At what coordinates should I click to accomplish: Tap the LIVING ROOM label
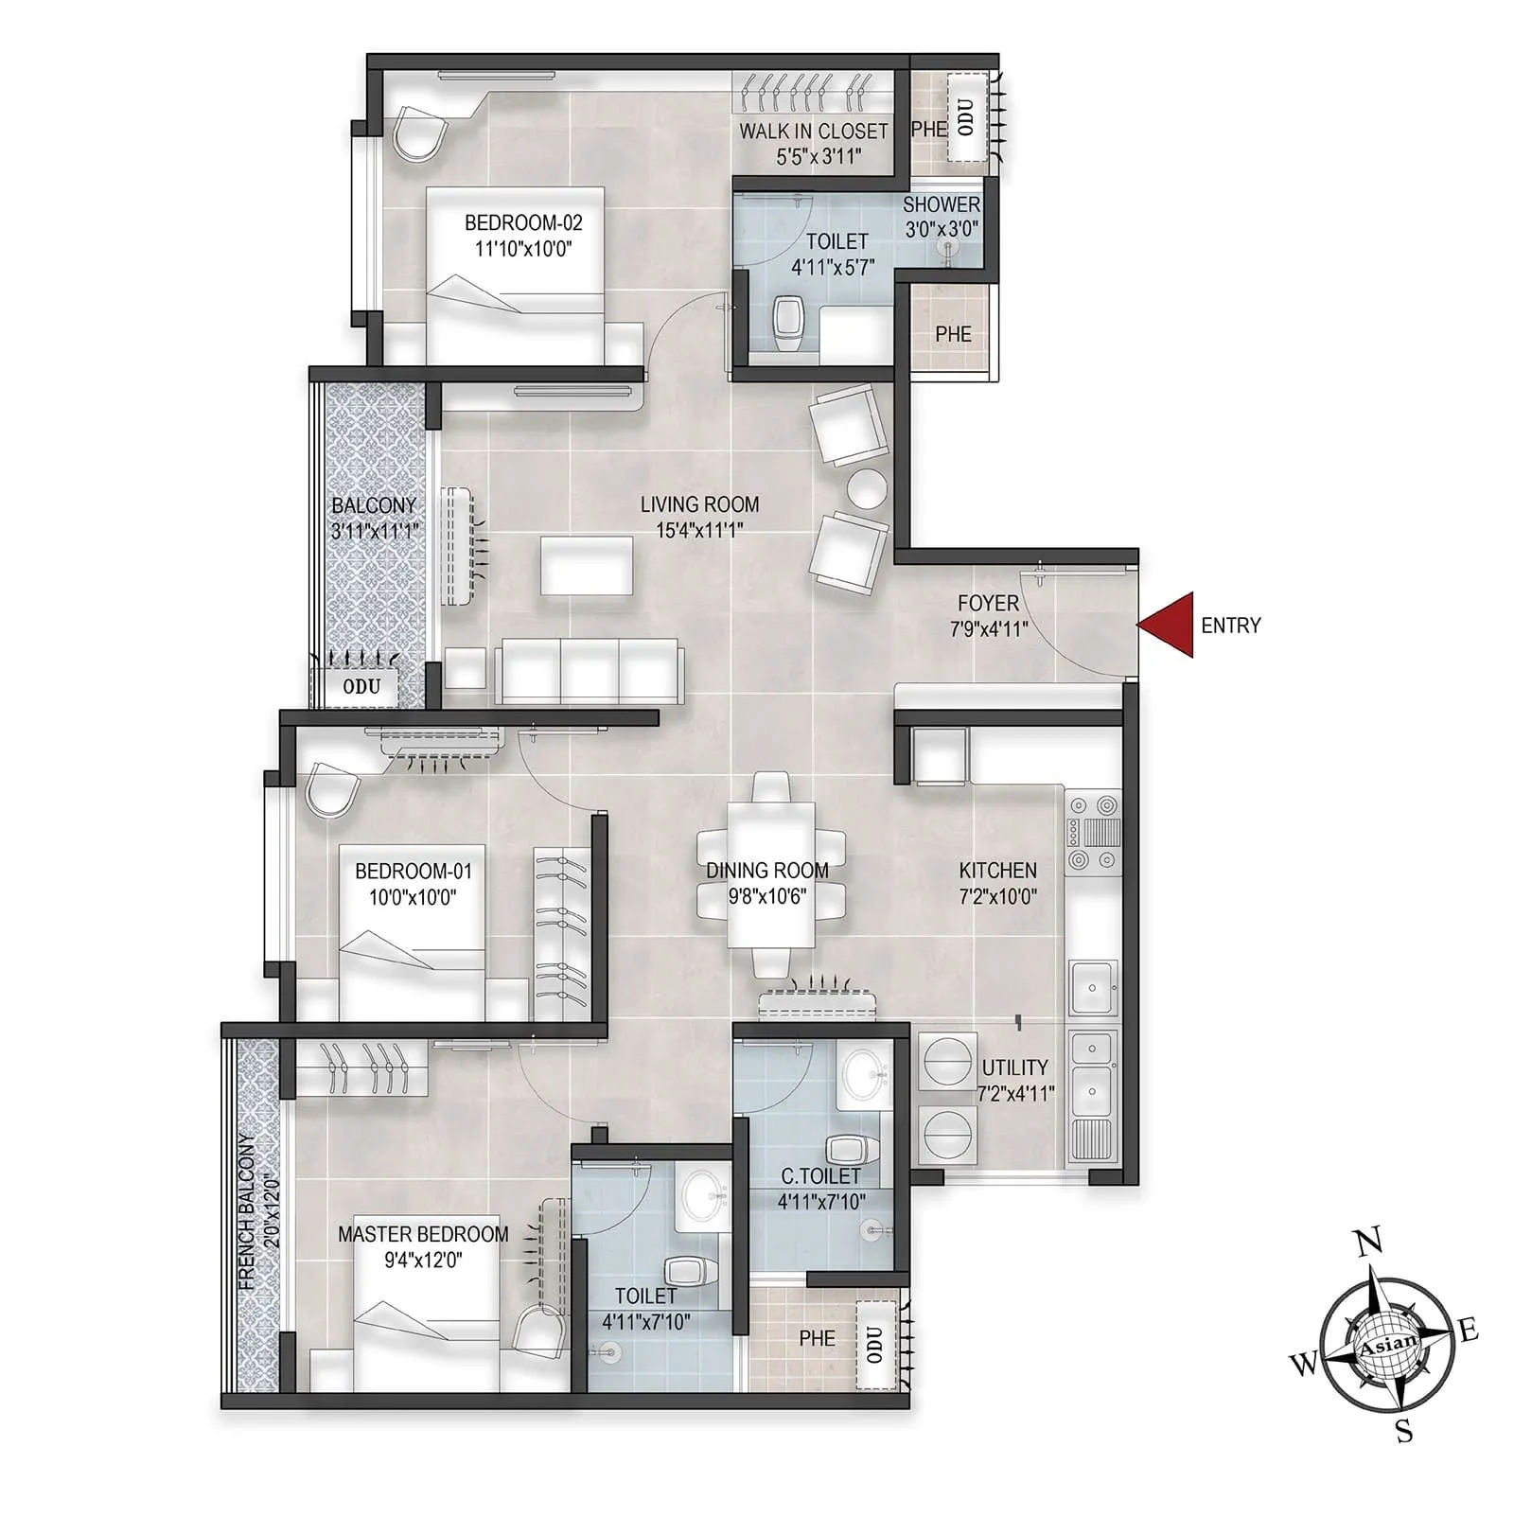pos(699,504)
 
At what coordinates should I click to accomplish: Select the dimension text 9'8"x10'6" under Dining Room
pos(766,895)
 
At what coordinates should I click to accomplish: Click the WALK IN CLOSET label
pos(814,132)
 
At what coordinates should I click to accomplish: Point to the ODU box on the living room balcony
pos(361,686)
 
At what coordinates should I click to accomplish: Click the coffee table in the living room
pos(587,565)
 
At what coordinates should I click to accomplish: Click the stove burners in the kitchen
pos(1093,833)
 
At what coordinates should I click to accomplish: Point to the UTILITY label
pos(1014,1067)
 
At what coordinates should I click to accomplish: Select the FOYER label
pos(988,603)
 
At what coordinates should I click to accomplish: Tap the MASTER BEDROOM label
pos(423,1234)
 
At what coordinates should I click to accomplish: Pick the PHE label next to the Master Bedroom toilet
pos(817,1338)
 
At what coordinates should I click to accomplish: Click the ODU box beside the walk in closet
pos(966,117)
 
